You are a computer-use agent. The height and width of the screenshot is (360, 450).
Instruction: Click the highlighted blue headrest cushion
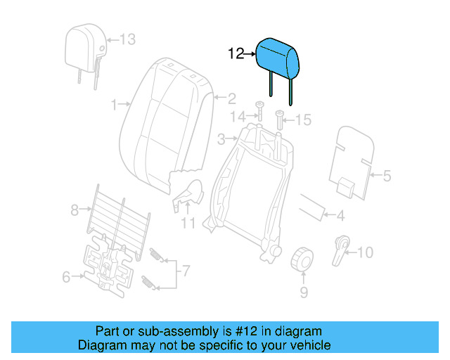click(x=278, y=57)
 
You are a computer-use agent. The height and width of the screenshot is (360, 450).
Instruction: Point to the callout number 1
click(x=115, y=105)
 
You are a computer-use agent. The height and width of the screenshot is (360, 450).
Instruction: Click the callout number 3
click(x=220, y=139)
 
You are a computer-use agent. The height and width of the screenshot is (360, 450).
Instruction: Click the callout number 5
click(x=386, y=176)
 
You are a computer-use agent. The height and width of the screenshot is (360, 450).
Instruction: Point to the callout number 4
click(x=340, y=216)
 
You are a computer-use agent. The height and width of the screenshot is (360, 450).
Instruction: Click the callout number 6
click(x=66, y=277)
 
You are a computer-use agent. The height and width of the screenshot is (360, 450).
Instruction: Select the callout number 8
click(x=75, y=209)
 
